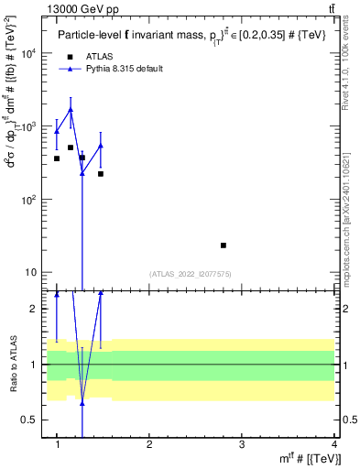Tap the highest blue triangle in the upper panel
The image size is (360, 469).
point(71,109)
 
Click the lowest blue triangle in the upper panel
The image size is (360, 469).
point(82,173)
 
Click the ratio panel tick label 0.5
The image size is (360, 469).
point(32,420)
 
